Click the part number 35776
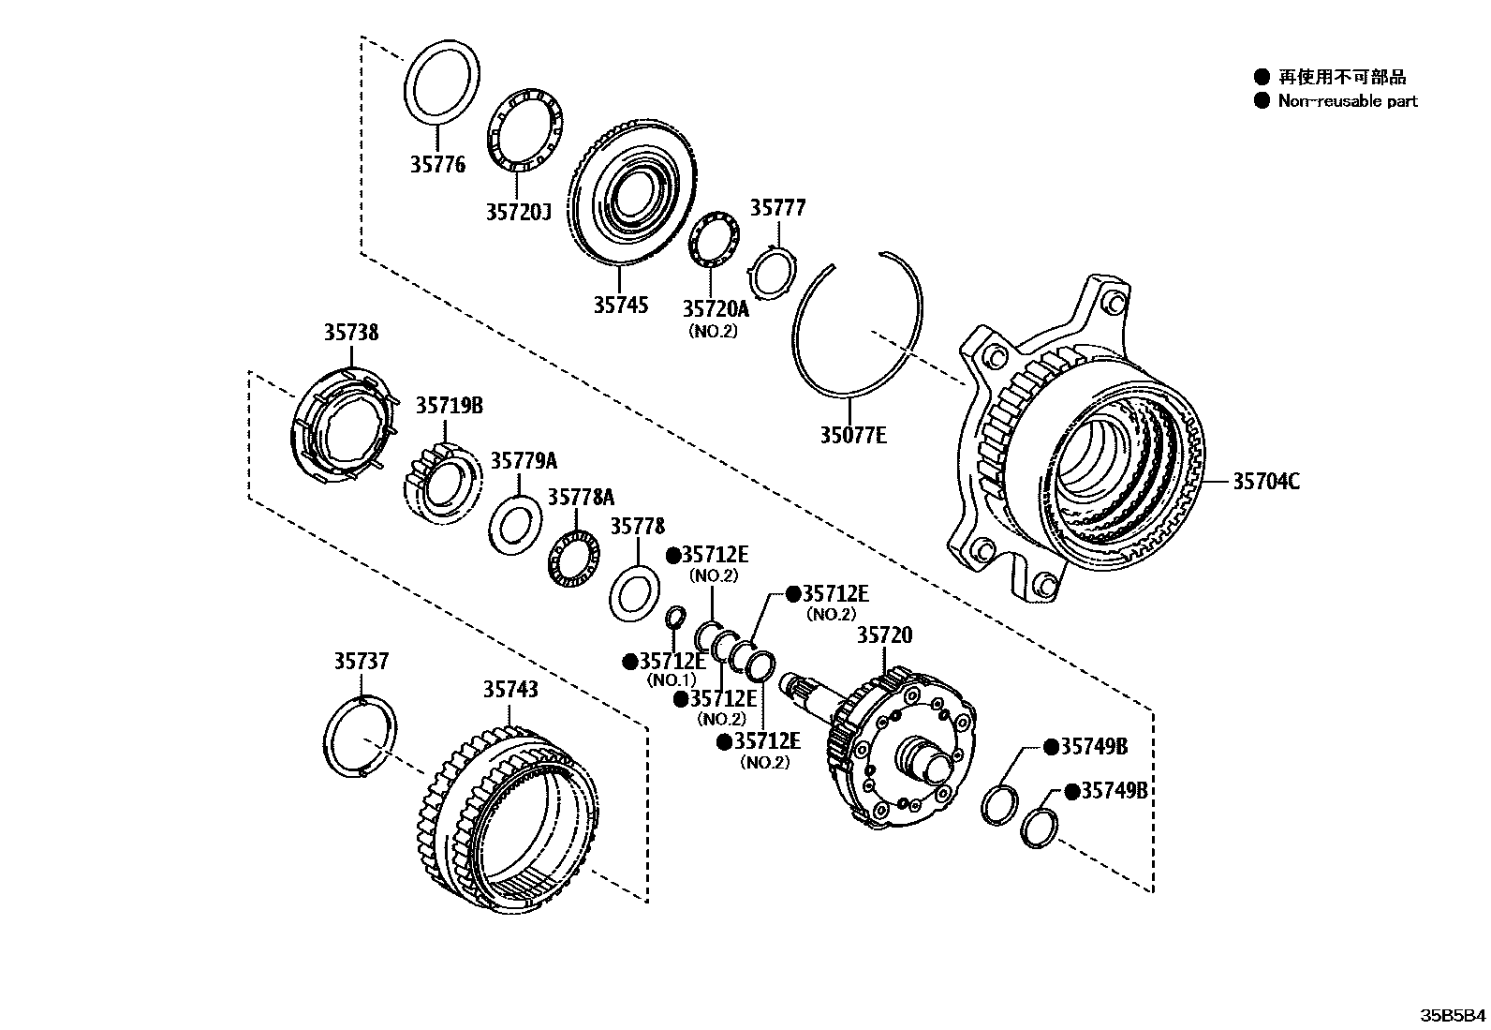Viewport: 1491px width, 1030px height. [436, 165]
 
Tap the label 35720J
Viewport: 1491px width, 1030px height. [517, 212]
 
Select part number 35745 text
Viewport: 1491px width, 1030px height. [620, 306]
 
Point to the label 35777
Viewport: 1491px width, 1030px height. [777, 208]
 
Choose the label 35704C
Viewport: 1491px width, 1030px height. [1265, 482]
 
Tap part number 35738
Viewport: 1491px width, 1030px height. [352, 332]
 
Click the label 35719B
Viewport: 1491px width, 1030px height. [450, 406]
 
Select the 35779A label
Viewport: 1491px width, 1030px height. [524, 460]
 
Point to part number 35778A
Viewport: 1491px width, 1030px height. [582, 496]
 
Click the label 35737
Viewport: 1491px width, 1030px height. [362, 662]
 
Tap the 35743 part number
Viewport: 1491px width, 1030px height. [510, 689]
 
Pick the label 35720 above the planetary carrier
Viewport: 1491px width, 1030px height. [884, 636]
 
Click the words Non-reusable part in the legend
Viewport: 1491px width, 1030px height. [1347, 101]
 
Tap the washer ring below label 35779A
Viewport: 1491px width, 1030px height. [514, 524]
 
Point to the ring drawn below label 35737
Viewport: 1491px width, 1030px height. [358, 737]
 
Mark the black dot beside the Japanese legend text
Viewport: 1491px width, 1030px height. [1262, 77]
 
